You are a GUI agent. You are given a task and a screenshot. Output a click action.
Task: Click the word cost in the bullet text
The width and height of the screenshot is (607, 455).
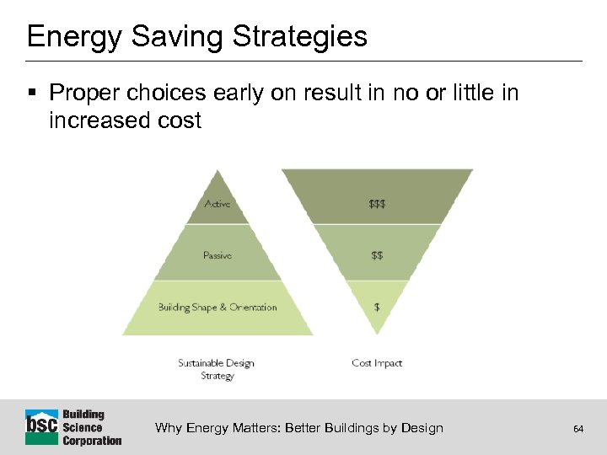coord(178,120)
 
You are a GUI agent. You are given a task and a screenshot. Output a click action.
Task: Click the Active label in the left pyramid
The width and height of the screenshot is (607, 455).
coord(217,204)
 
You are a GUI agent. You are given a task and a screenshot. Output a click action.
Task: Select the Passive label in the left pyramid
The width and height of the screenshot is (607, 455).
coord(217,255)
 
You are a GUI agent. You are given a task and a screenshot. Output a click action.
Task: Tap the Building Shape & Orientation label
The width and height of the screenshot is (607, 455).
coord(217,308)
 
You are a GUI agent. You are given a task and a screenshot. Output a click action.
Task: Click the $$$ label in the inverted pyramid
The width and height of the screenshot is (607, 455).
coord(377,204)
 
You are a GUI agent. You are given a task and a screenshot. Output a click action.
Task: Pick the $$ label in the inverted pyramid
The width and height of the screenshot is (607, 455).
coord(377,255)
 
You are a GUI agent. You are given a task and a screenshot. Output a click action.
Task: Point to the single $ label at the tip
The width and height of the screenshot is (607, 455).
coord(377,308)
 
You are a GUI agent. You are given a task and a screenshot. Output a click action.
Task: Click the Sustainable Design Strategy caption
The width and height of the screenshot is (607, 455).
coord(216,369)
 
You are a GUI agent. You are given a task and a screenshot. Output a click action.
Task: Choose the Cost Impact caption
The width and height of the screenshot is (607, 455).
coord(377,363)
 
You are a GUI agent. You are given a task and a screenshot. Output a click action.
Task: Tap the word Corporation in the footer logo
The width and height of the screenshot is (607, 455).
coord(92,440)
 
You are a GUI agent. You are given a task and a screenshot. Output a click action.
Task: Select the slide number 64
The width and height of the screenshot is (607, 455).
coord(578,429)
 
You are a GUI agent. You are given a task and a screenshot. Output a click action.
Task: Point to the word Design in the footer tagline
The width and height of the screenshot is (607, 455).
coord(422,428)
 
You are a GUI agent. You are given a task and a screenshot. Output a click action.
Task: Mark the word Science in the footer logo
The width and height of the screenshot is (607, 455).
coord(83,427)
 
